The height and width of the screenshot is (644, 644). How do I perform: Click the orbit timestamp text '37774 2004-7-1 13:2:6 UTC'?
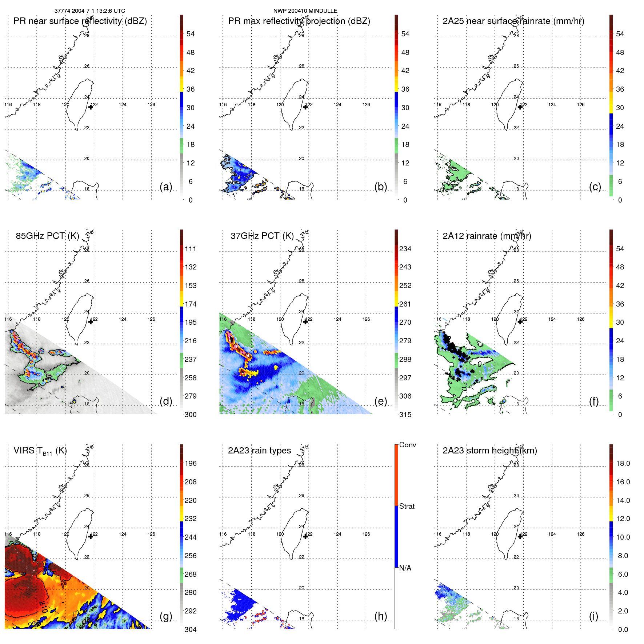(x=89, y=11)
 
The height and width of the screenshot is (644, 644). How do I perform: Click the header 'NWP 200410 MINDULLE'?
(x=305, y=11)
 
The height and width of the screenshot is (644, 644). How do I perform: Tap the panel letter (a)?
(x=166, y=187)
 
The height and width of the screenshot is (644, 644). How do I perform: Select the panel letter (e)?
(x=380, y=401)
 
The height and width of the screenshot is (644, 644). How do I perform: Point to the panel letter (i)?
(x=593, y=616)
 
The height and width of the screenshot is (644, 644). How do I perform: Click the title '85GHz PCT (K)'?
(x=47, y=236)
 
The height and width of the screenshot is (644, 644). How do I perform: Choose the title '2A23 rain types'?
(x=259, y=451)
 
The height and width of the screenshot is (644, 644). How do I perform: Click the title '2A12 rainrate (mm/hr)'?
(x=487, y=236)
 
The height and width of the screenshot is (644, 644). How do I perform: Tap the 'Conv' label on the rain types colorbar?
(x=407, y=445)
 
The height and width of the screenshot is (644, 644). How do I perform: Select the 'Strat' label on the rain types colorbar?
(x=407, y=506)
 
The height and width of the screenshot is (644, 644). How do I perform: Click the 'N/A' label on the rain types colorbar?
(x=405, y=568)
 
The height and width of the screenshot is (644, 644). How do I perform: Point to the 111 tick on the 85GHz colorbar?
(x=191, y=249)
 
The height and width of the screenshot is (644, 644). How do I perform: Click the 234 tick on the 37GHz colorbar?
(x=405, y=249)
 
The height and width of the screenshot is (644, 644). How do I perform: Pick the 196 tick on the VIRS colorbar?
(x=191, y=463)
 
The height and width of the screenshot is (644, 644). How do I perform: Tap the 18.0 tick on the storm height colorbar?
(x=623, y=463)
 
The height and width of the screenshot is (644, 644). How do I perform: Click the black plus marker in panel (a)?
(x=91, y=107)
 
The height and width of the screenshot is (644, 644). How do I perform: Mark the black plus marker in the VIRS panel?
(x=91, y=536)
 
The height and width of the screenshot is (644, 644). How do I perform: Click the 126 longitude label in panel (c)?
(x=581, y=105)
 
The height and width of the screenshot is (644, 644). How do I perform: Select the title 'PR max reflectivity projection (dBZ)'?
(x=299, y=21)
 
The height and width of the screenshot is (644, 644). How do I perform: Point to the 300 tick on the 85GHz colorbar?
(x=191, y=415)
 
